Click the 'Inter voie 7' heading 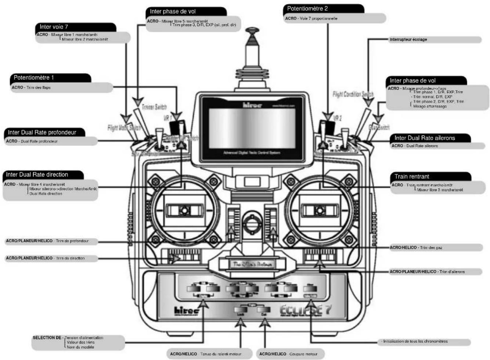pyautogui.click(x=54, y=27)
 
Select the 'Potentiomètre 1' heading pyautogui.click(x=34, y=77)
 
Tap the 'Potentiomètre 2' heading pyautogui.click(x=307, y=8)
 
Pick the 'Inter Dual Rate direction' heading pyautogui.click(x=37, y=175)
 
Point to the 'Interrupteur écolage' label pyautogui.click(x=408, y=40)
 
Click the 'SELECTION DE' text pyautogui.click(x=48, y=338)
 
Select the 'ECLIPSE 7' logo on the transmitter pyautogui.click(x=305, y=310)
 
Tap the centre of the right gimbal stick pyautogui.click(x=320, y=210)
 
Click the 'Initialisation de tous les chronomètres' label pyautogui.click(x=415, y=341)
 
